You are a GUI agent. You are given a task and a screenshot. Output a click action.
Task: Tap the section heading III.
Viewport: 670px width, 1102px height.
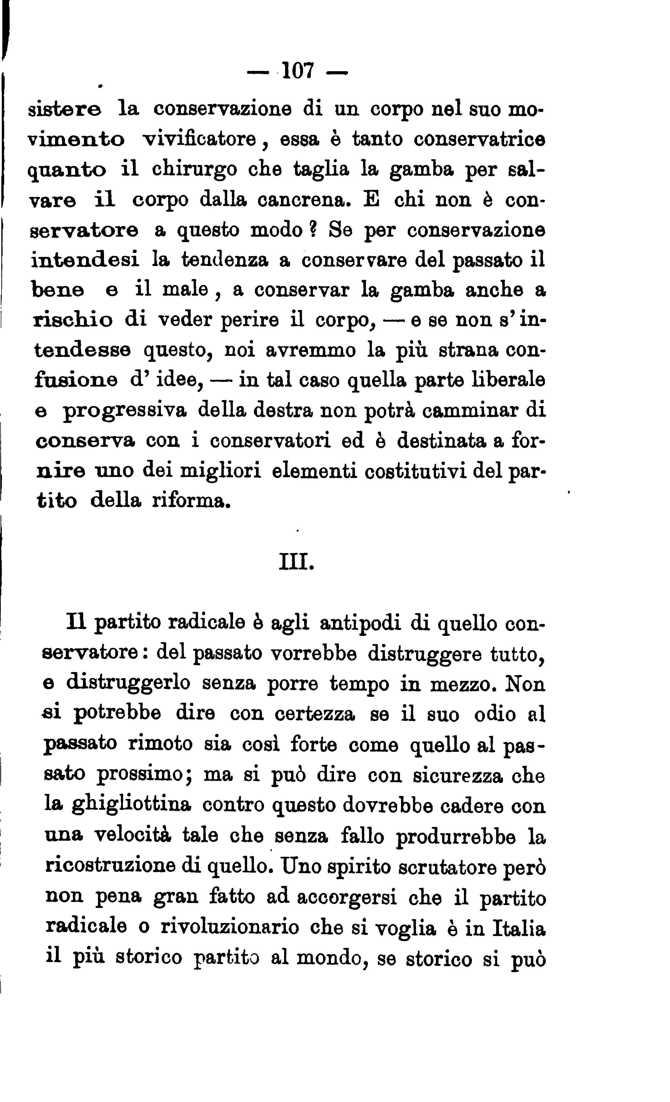click(296, 562)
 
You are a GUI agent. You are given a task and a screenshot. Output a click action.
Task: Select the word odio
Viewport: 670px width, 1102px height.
click(495, 715)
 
